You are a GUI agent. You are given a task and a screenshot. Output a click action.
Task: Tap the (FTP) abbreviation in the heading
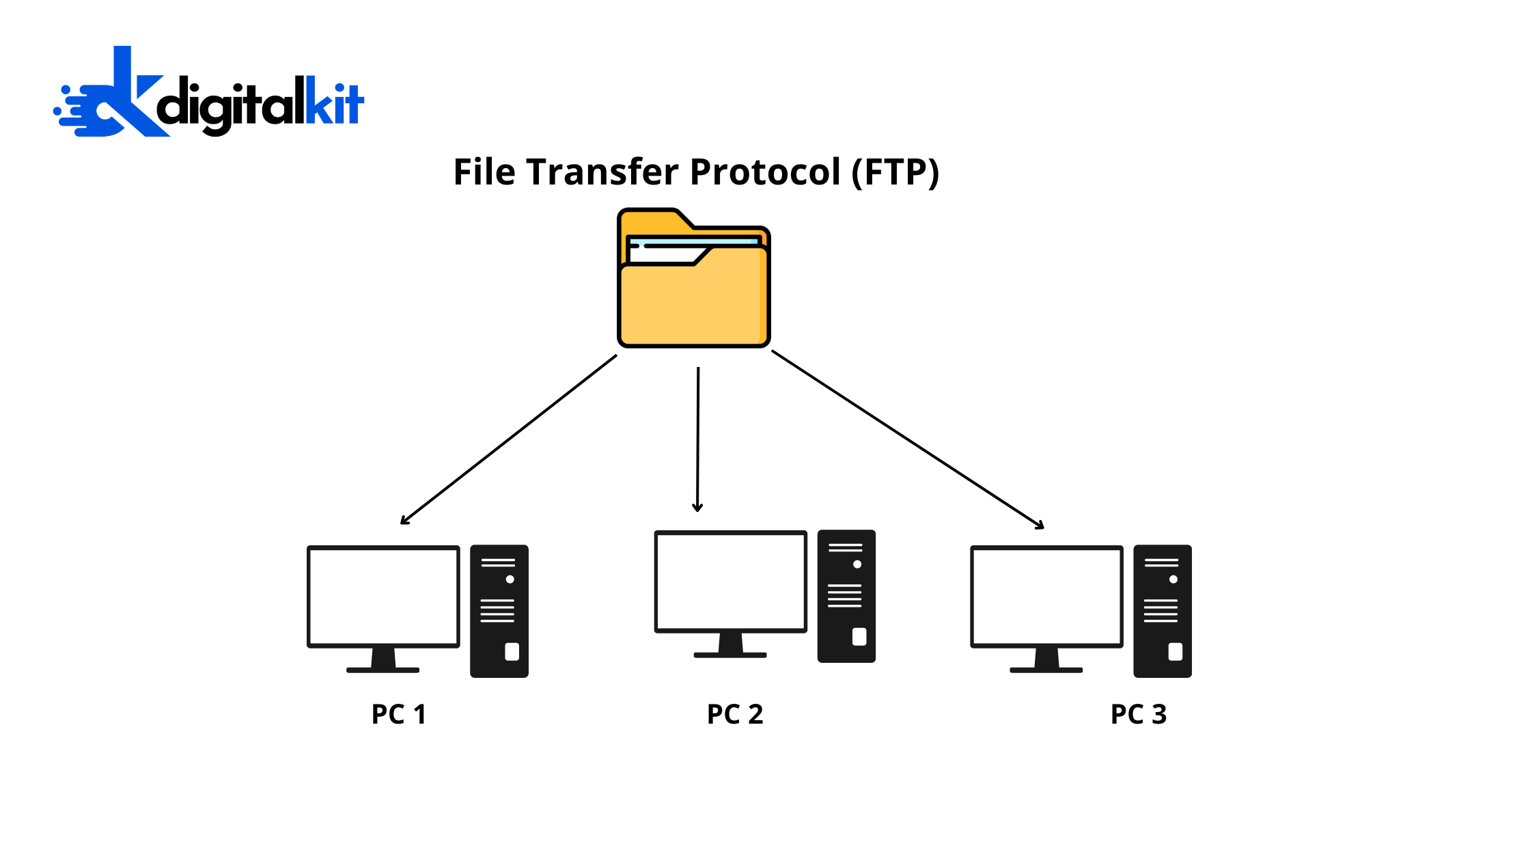tap(895, 172)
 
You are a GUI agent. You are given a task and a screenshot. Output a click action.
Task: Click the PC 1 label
tap(399, 714)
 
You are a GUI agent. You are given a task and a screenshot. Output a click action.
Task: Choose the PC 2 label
tap(735, 714)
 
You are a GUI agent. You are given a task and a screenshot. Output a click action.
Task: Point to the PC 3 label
tap(1139, 714)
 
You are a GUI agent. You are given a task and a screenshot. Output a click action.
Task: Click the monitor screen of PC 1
tap(383, 596)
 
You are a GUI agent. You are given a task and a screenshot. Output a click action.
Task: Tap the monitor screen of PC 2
tap(730, 581)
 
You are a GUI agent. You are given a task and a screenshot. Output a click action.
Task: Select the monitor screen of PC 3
tap(1046, 596)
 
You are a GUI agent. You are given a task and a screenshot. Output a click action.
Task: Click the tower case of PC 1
tap(499, 611)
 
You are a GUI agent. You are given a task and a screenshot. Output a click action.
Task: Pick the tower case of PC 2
tap(846, 596)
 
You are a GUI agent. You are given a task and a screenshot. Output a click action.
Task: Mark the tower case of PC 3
tap(1163, 611)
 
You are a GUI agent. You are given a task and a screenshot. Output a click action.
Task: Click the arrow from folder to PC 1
tap(509, 439)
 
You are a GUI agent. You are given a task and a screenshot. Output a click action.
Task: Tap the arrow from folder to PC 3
tap(908, 439)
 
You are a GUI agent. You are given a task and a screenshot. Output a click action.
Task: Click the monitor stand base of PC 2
tap(730, 654)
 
